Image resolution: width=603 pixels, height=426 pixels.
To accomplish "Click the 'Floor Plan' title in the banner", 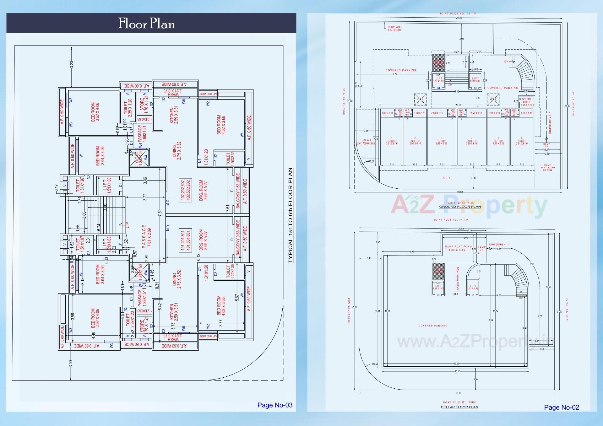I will click(146, 24).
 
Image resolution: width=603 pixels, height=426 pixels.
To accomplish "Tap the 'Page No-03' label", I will click(275, 405).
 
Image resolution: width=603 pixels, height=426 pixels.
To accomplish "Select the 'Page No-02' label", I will click(561, 407).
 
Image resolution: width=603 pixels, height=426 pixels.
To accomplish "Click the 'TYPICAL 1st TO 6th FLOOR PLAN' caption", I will click(291, 215).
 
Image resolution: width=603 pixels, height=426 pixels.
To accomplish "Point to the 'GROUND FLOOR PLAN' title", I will click(460, 207).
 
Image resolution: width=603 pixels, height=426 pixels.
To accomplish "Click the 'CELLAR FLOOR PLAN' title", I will click(459, 407).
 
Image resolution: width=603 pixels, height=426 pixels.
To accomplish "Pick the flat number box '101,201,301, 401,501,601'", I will click(185, 240).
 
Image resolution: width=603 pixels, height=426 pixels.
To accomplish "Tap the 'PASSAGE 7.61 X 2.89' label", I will click(147, 236).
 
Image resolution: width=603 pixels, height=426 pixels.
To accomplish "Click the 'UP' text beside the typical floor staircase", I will click(128, 225).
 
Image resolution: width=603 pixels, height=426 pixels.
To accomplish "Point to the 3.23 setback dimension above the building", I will click(72, 65).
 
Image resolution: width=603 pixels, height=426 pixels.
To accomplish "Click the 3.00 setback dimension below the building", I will click(71, 364).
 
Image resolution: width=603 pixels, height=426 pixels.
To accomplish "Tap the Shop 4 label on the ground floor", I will click(472, 141).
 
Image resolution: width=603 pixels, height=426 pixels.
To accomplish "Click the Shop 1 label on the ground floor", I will click(392, 141).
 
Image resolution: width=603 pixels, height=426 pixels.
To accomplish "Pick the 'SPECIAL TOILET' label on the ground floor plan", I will click(526, 101).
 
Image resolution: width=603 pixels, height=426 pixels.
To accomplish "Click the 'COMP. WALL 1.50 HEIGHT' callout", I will click(394, 29).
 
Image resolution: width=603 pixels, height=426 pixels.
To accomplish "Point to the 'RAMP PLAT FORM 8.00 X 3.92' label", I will click(458, 248).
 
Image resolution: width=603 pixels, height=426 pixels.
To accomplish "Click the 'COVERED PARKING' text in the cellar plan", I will click(433, 326).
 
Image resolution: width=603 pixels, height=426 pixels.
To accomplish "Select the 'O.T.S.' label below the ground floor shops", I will click(447, 178).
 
